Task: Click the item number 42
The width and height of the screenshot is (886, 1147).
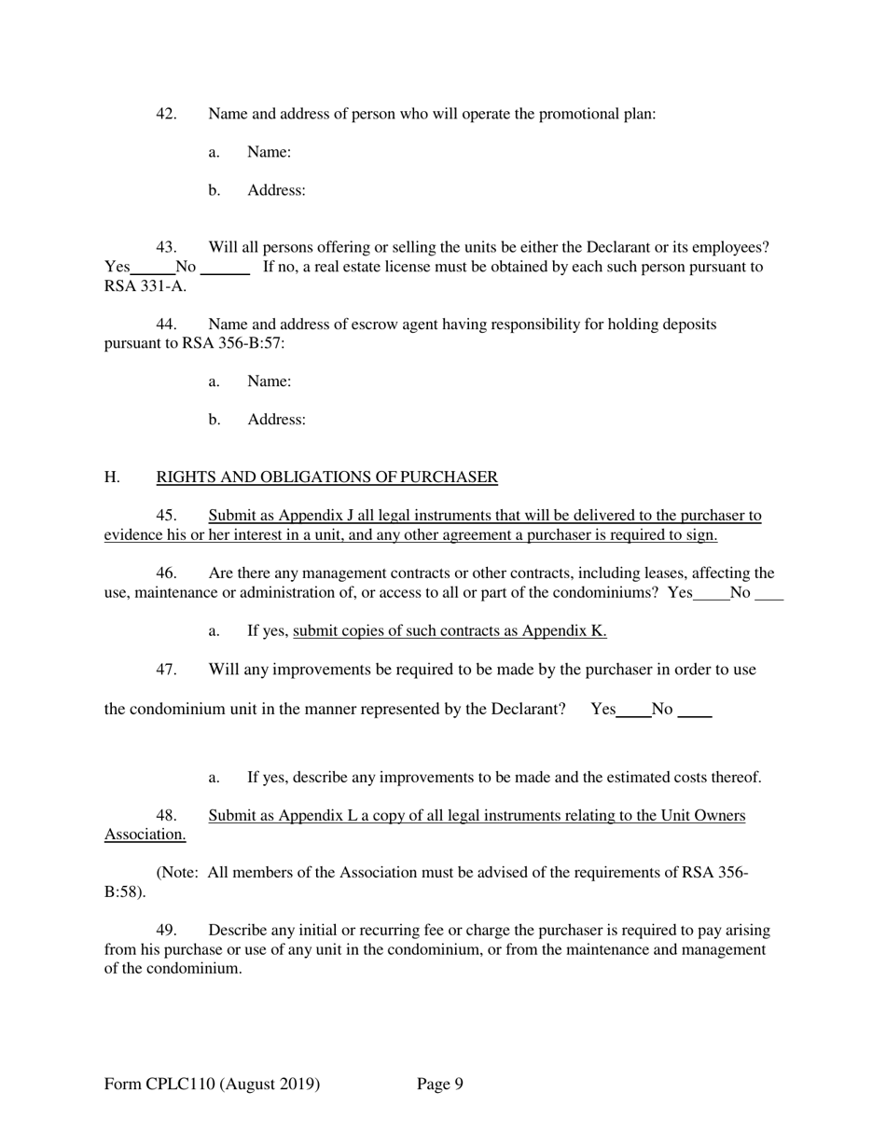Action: click(166, 114)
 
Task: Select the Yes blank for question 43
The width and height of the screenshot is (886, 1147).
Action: click(153, 269)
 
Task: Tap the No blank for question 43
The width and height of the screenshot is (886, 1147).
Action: click(225, 269)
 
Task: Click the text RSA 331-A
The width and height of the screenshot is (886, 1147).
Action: click(145, 286)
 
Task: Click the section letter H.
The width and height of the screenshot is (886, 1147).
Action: click(112, 477)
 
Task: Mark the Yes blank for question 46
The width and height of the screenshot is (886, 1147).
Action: click(712, 594)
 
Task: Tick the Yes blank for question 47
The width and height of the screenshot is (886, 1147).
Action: click(633, 711)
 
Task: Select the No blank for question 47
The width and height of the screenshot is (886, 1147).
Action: click(695, 711)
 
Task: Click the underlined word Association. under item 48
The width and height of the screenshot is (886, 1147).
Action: click(145, 835)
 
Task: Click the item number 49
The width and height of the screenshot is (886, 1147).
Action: click(166, 931)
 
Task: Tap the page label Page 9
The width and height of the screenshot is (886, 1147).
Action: click(440, 1084)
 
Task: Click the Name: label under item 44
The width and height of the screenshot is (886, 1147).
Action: click(269, 381)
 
